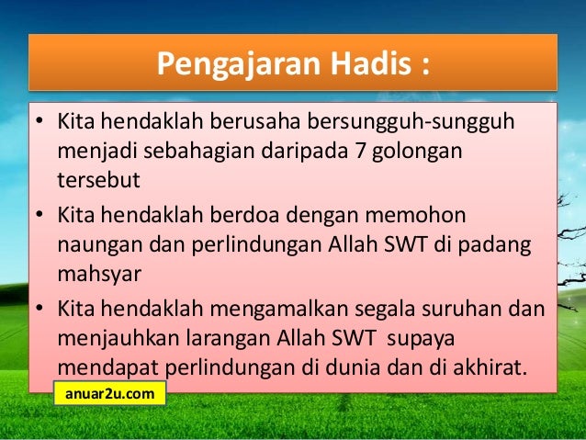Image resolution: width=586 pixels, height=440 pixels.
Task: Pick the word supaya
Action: tap(426, 339)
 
